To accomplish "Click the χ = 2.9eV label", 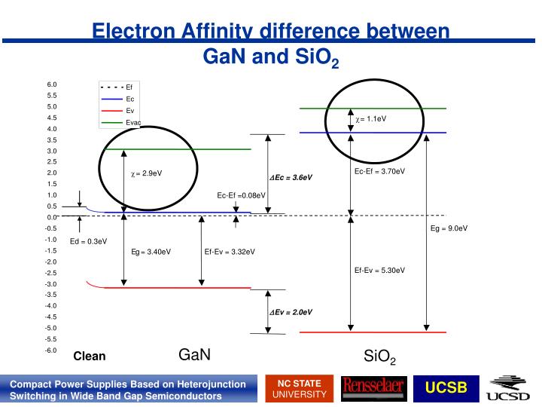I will click(x=147, y=173).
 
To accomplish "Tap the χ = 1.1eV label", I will click(x=371, y=119).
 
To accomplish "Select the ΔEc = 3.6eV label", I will click(x=291, y=178).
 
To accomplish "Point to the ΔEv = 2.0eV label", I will click(x=291, y=311).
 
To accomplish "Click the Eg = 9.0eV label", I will click(x=449, y=228).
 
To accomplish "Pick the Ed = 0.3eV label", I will click(x=89, y=242).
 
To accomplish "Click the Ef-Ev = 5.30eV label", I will click(x=379, y=270).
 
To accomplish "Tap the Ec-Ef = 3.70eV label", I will click(x=379, y=171).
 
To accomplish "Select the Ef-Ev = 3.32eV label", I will click(x=230, y=252).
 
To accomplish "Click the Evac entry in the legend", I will click(x=133, y=122).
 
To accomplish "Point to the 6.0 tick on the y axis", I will click(x=52, y=84).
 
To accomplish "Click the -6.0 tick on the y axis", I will click(x=51, y=350).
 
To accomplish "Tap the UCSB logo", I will click(x=446, y=388).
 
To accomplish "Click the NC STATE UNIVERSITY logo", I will click(x=300, y=388).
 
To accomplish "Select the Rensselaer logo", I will click(x=373, y=388).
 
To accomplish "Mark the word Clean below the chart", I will click(x=90, y=357).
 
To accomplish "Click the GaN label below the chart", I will click(x=194, y=354).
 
